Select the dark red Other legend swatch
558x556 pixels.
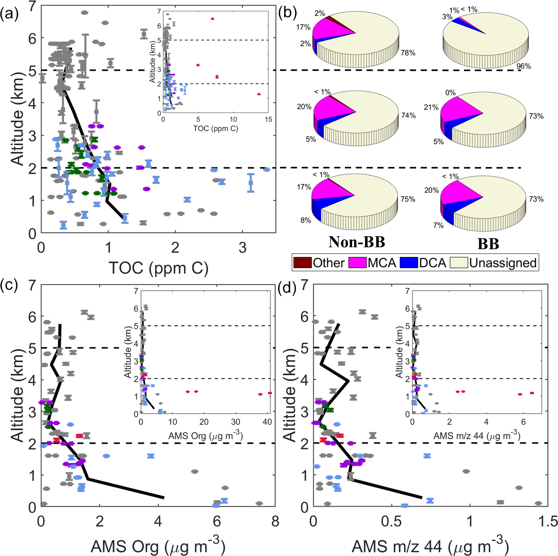(302, 263)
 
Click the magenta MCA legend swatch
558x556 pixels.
(357, 263)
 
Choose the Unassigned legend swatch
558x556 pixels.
(459, 263)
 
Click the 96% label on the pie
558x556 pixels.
(524, 66)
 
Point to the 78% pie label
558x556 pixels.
(408, 53)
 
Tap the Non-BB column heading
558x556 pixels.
(357, 242)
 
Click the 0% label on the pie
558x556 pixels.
(450, 93)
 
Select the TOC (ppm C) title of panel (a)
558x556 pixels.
(159, 268)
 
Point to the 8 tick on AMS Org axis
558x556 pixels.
(275, 522)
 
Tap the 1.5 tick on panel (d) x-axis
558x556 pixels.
(548, 522)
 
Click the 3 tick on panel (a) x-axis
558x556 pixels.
(242, 248)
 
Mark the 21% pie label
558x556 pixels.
(431, 107)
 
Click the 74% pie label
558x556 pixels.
(408, 115)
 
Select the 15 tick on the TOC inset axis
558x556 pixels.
(268, 120)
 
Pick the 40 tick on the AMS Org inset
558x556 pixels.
(267, 422)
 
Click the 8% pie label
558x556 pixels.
(305, 220)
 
